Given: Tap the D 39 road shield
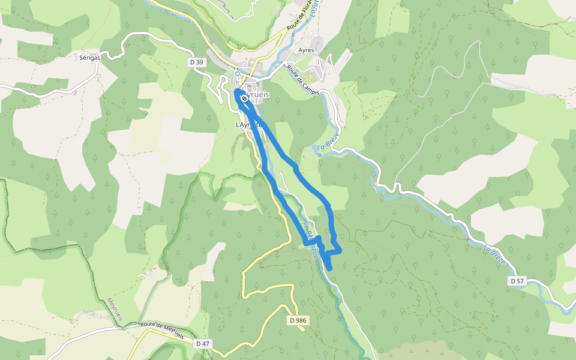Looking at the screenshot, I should (196, 62).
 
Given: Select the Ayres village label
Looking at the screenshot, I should (306, 50).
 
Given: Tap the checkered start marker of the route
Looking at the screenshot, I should (244, 98).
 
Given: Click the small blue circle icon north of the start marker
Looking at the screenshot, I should (238, 74).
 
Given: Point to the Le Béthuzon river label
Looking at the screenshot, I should (311, 241).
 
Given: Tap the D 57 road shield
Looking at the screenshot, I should (517, 281).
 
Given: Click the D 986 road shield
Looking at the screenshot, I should (297, 320).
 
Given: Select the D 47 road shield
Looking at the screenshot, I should (202, 344).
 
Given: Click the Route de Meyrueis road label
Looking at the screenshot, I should (161, 328).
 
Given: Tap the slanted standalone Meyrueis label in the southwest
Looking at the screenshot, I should (115, 309).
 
